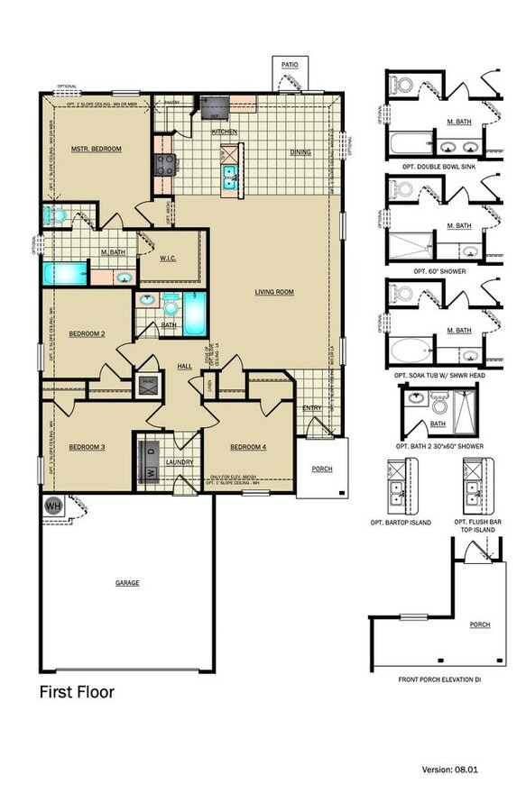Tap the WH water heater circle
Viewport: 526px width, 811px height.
point(51,506)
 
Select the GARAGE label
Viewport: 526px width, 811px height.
point(127,583)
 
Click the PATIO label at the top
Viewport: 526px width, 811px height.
point(290,65)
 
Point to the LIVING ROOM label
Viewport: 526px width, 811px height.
point(274,291)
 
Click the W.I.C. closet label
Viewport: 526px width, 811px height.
point(168,260)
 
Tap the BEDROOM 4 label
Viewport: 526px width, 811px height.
point(248,448)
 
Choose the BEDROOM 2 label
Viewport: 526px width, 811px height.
point(88,334)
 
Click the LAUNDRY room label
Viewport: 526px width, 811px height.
point(180,462)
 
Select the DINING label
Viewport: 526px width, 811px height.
point(300,152)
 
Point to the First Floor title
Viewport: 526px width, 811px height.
point(77,692)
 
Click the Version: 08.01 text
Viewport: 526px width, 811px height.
point(457,770)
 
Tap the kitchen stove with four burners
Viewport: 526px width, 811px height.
point(167,164)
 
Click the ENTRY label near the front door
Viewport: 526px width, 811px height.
point(312,408)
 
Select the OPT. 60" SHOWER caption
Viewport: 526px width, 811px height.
point(438,270)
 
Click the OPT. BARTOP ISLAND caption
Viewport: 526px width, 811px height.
point(401,522)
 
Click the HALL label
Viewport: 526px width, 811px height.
point(184,366)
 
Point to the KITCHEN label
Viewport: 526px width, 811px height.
point(225,132)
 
